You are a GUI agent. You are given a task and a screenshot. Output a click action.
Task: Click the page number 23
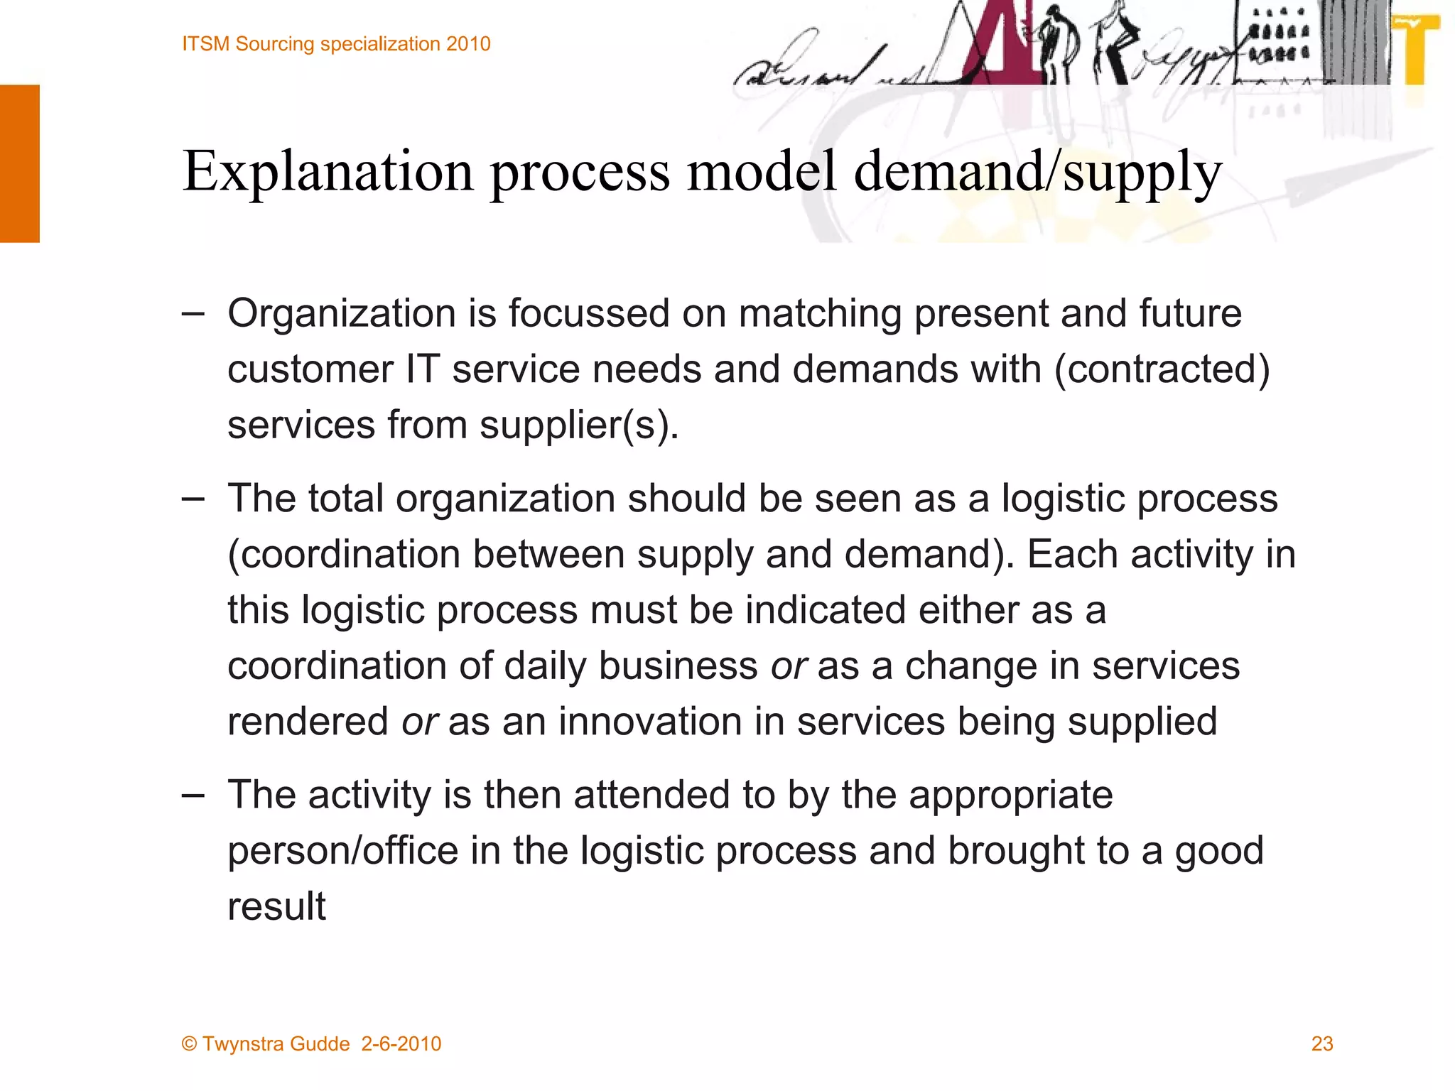(1321, 1043)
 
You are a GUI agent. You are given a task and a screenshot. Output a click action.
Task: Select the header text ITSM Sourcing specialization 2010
(336, 44)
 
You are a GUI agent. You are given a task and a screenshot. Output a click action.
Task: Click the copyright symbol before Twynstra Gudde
(189, 1044)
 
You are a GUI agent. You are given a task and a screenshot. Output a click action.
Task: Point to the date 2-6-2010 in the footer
(401, 1044)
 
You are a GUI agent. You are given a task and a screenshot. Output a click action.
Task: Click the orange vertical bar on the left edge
(20, 163)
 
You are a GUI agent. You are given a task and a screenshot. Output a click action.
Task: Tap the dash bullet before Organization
(193, 313)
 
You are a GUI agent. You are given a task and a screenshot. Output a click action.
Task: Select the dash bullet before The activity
(193, 795)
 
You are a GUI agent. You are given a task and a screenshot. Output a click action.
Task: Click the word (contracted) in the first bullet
(1162, 369)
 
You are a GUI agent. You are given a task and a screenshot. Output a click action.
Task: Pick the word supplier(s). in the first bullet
(579, 425)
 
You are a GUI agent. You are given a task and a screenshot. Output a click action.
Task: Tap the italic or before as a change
(789, 666)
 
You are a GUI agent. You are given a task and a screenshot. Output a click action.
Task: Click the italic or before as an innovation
(419, 722)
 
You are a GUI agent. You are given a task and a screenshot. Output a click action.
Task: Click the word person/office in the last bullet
(342, 851)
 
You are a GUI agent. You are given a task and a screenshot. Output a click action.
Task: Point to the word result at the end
(276, 906)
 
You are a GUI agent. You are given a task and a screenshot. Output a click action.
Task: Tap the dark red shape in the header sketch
(991, 50)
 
